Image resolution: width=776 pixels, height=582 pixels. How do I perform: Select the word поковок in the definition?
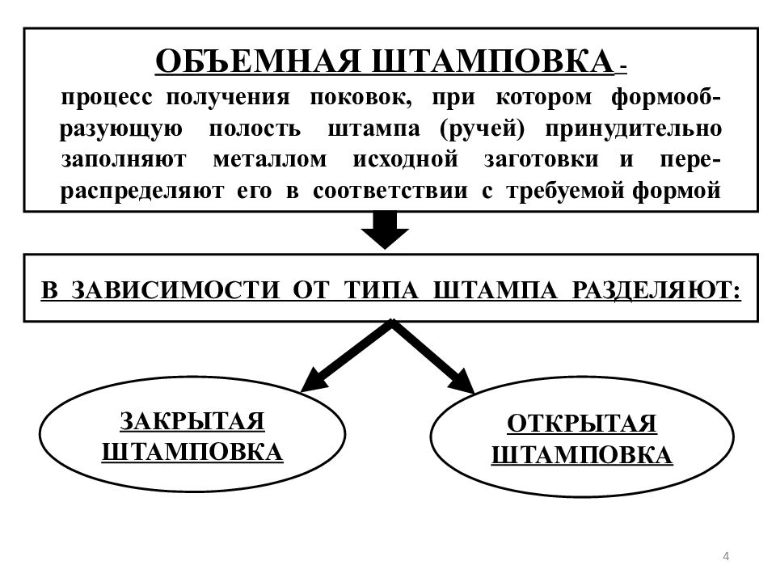[x=361, y=97]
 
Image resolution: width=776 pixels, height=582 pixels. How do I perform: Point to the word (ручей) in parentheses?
[x=482, y=129]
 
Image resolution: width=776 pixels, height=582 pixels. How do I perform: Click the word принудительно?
[x=634, y=129]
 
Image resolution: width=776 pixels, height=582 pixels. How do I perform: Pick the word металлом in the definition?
[x=270, y=160]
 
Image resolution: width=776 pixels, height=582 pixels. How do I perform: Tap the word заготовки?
[x=541, y=160]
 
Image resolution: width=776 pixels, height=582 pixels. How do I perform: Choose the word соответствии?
[x=390, y=191]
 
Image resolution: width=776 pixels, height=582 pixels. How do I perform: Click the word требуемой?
[x=565, y=191]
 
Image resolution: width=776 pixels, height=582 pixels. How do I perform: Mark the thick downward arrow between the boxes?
[x=385, y=230]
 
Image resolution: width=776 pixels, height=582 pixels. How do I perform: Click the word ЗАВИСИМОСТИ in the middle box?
[x=175, y=290]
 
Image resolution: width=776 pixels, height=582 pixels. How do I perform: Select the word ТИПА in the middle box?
[x=381, y=290]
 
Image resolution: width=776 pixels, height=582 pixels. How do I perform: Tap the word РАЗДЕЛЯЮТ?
[x=656, y=290]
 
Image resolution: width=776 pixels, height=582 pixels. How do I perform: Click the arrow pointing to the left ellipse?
[x=347, y=356]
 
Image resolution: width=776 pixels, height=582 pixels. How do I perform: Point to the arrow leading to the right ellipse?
[x=432, y=356]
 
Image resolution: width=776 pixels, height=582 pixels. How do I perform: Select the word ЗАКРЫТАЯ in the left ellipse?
[x=192, y=422]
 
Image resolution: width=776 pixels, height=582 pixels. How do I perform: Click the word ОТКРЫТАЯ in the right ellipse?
[x=582, y=424]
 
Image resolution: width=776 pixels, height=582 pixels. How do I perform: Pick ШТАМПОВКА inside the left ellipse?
[x=192, y=453]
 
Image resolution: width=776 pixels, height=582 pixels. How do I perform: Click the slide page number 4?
[x=726, y=556]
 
